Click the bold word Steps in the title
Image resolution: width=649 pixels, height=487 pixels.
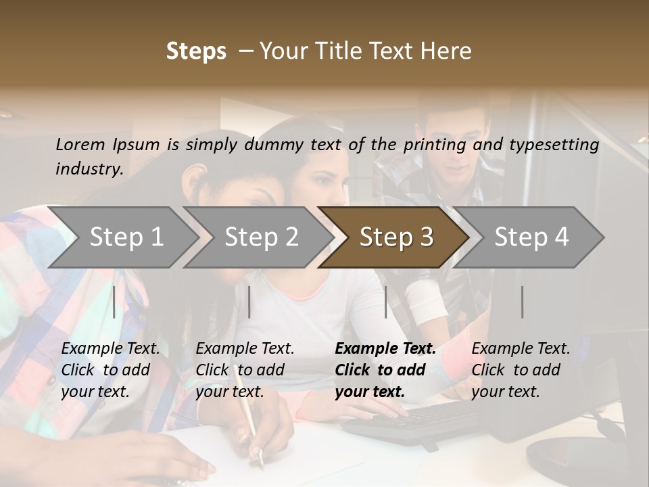[196, 51]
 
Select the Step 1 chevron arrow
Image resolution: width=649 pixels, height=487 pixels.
[122, 237]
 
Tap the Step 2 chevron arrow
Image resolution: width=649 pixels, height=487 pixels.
[257, 237]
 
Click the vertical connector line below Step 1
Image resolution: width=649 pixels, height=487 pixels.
[114, 302]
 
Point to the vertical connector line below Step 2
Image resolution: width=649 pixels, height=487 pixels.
[249, 302]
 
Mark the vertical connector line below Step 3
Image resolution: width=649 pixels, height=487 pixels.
[386, 302]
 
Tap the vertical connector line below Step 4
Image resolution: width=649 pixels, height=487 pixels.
[523, 302]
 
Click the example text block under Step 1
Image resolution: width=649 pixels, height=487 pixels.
[110, 370]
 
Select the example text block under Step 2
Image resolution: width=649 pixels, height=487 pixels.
[244, 370]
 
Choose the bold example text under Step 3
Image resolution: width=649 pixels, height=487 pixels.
[385, 370]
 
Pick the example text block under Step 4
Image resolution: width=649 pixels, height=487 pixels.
[520, 370]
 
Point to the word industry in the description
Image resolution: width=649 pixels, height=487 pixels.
[89, 169]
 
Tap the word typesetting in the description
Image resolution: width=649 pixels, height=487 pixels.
[556, 144]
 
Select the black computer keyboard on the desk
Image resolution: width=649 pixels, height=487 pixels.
[412, 420]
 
